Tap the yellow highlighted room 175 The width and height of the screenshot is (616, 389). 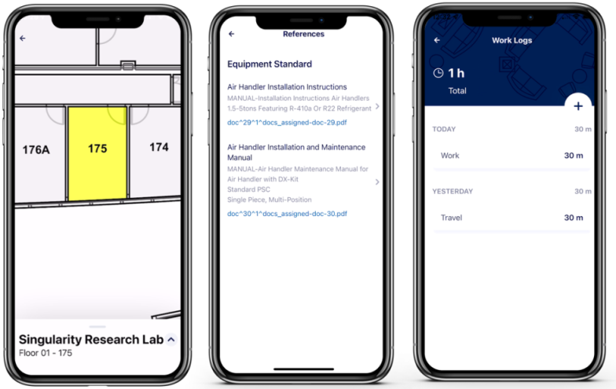[x=97, y=153]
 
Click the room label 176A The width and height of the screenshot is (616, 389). [x=36, y=149]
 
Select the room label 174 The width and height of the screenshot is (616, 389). [x=159, y=148]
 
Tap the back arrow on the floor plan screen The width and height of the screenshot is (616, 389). [x=23, y=38]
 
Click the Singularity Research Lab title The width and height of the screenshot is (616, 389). [x=91, y=339]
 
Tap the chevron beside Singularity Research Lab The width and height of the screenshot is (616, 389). [x=171, y=339]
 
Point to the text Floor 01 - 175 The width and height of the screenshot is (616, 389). [x=46, y=353]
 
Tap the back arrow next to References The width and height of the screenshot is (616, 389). [x=231, y=35]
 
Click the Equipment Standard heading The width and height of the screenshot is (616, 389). [x=269, y=64]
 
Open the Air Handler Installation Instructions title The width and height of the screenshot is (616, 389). [x=288, y=86]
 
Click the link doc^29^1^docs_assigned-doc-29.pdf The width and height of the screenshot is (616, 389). [x=288, y=123]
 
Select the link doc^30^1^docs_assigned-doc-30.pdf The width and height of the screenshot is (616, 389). [x=288, y=214]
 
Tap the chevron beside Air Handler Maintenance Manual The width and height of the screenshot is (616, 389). [x=377, y=182]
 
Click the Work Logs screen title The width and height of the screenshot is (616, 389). [x=512, y=41]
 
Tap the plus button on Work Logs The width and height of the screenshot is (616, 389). [x=578, y=106]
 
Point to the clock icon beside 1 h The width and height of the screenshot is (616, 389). [x=438, y=73]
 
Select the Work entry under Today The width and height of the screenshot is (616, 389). [x=511, y=156]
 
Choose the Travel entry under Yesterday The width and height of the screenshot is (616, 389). [x=511, y=218]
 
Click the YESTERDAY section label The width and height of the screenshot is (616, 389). [x=453, y=192]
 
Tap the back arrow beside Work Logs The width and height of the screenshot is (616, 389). [x=437, y=40]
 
